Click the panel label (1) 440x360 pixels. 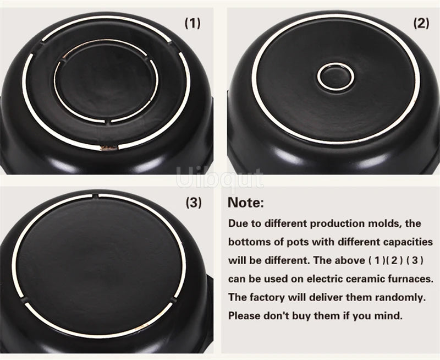pyautogui.click(x=193, y=23)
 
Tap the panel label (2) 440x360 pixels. pyautogui.click(x=421, y=23)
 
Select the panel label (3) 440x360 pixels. pyautogui.click(x=193, y=203)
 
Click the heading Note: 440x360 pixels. pyautogui.click(x=246, y=203)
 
